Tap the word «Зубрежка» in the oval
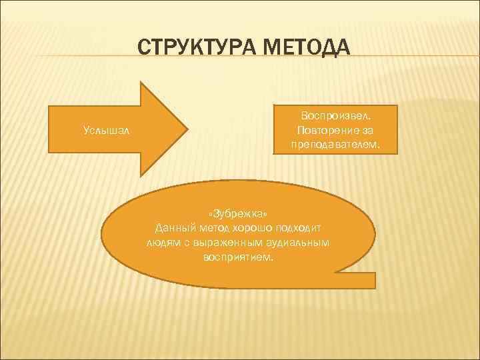(x=239, y=214)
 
